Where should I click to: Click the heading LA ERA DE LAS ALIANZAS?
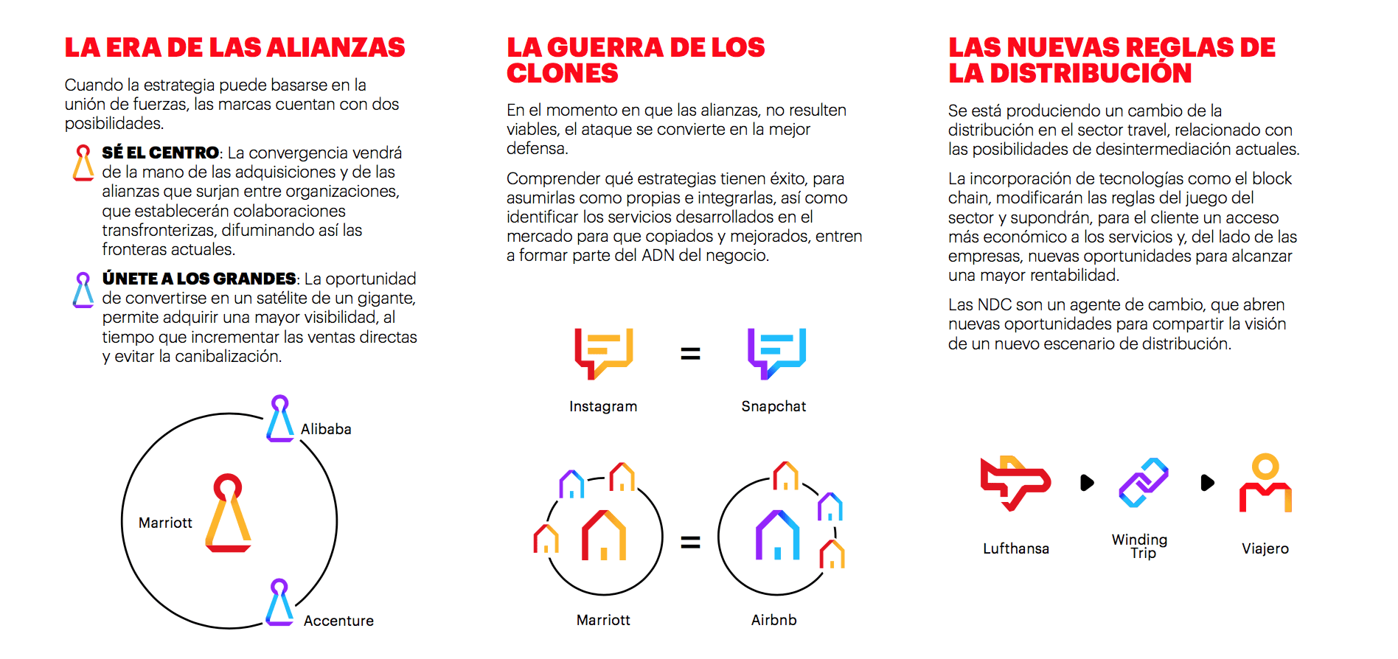[x=234, y=48]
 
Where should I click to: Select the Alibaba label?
[x=326, y=429]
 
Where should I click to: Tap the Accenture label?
[x=338, y=621]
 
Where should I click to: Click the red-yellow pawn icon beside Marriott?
[x=228, y=513]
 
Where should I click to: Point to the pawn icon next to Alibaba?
[x=280, y=419]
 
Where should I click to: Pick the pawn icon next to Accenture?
[x=279, y=602]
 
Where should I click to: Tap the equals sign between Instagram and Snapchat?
[x=690, y=354]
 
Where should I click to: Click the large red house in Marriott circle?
[x=604, y=535]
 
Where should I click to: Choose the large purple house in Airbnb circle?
[x=777, y=535]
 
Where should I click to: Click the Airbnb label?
[x=774, y=620]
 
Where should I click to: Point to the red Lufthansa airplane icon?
[x=1015, y=483]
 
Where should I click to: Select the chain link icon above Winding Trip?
[x=1144, y=483]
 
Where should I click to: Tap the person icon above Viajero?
[x=1265, y=483]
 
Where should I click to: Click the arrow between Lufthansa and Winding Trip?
[x=1087, y=483]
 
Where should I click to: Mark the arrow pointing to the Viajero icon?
[x=1207, y=483]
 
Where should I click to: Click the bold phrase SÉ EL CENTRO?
[x=161, y=153]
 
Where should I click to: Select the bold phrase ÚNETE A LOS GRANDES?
[x=199, y=279]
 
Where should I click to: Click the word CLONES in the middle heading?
[x=563, y=74]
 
